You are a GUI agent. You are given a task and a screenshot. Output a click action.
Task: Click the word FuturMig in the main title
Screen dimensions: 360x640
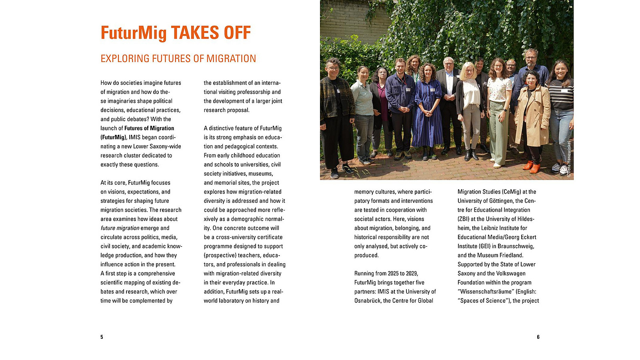134,33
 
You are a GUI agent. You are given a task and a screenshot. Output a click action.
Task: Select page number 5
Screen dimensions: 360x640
102,337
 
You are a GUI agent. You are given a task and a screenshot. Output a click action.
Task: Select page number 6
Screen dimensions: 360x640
538,337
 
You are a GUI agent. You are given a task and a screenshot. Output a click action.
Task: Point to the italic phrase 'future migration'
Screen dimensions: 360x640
120,228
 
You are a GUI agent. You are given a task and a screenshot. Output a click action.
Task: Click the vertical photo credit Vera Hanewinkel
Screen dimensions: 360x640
569,158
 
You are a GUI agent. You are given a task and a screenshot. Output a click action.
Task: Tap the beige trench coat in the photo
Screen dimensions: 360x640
532,116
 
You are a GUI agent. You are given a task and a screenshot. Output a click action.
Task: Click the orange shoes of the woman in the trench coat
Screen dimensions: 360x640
532,167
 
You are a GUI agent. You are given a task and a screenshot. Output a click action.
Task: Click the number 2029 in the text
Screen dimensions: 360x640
412,274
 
